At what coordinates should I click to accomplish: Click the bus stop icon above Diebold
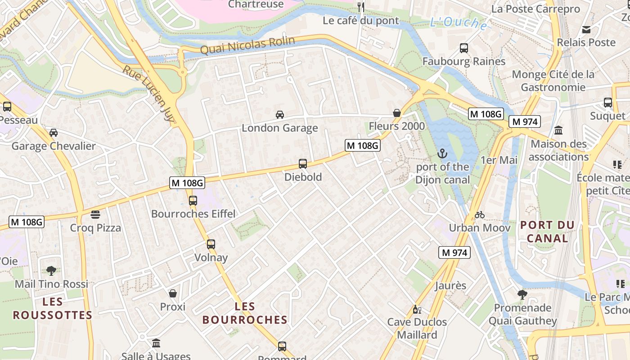[303, 164]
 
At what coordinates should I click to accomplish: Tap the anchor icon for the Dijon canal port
[443, 154]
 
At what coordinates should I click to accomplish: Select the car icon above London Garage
[280, 115]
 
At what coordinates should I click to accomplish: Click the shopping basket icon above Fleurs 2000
[397, 113]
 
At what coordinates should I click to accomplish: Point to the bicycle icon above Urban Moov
[480, 215]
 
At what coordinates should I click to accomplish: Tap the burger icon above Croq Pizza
[95, 215]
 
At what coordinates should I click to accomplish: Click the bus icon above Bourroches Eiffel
[193, 201]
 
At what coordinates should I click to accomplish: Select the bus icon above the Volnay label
[211, 244]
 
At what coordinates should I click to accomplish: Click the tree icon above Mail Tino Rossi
[51, 271]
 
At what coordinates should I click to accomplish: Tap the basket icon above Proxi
[173, 294]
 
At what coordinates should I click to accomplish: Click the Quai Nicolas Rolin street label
[247, 45]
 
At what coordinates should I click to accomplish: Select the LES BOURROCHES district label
[245, 313]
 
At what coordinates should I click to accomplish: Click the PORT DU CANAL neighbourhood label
[547, 231]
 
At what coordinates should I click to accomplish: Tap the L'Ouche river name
[459, 22]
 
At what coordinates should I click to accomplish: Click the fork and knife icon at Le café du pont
[361, 7]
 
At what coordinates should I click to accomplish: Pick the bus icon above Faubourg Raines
[464, 48]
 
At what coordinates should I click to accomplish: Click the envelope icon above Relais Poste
[586, 30]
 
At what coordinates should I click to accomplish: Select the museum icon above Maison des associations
[558, 130]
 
